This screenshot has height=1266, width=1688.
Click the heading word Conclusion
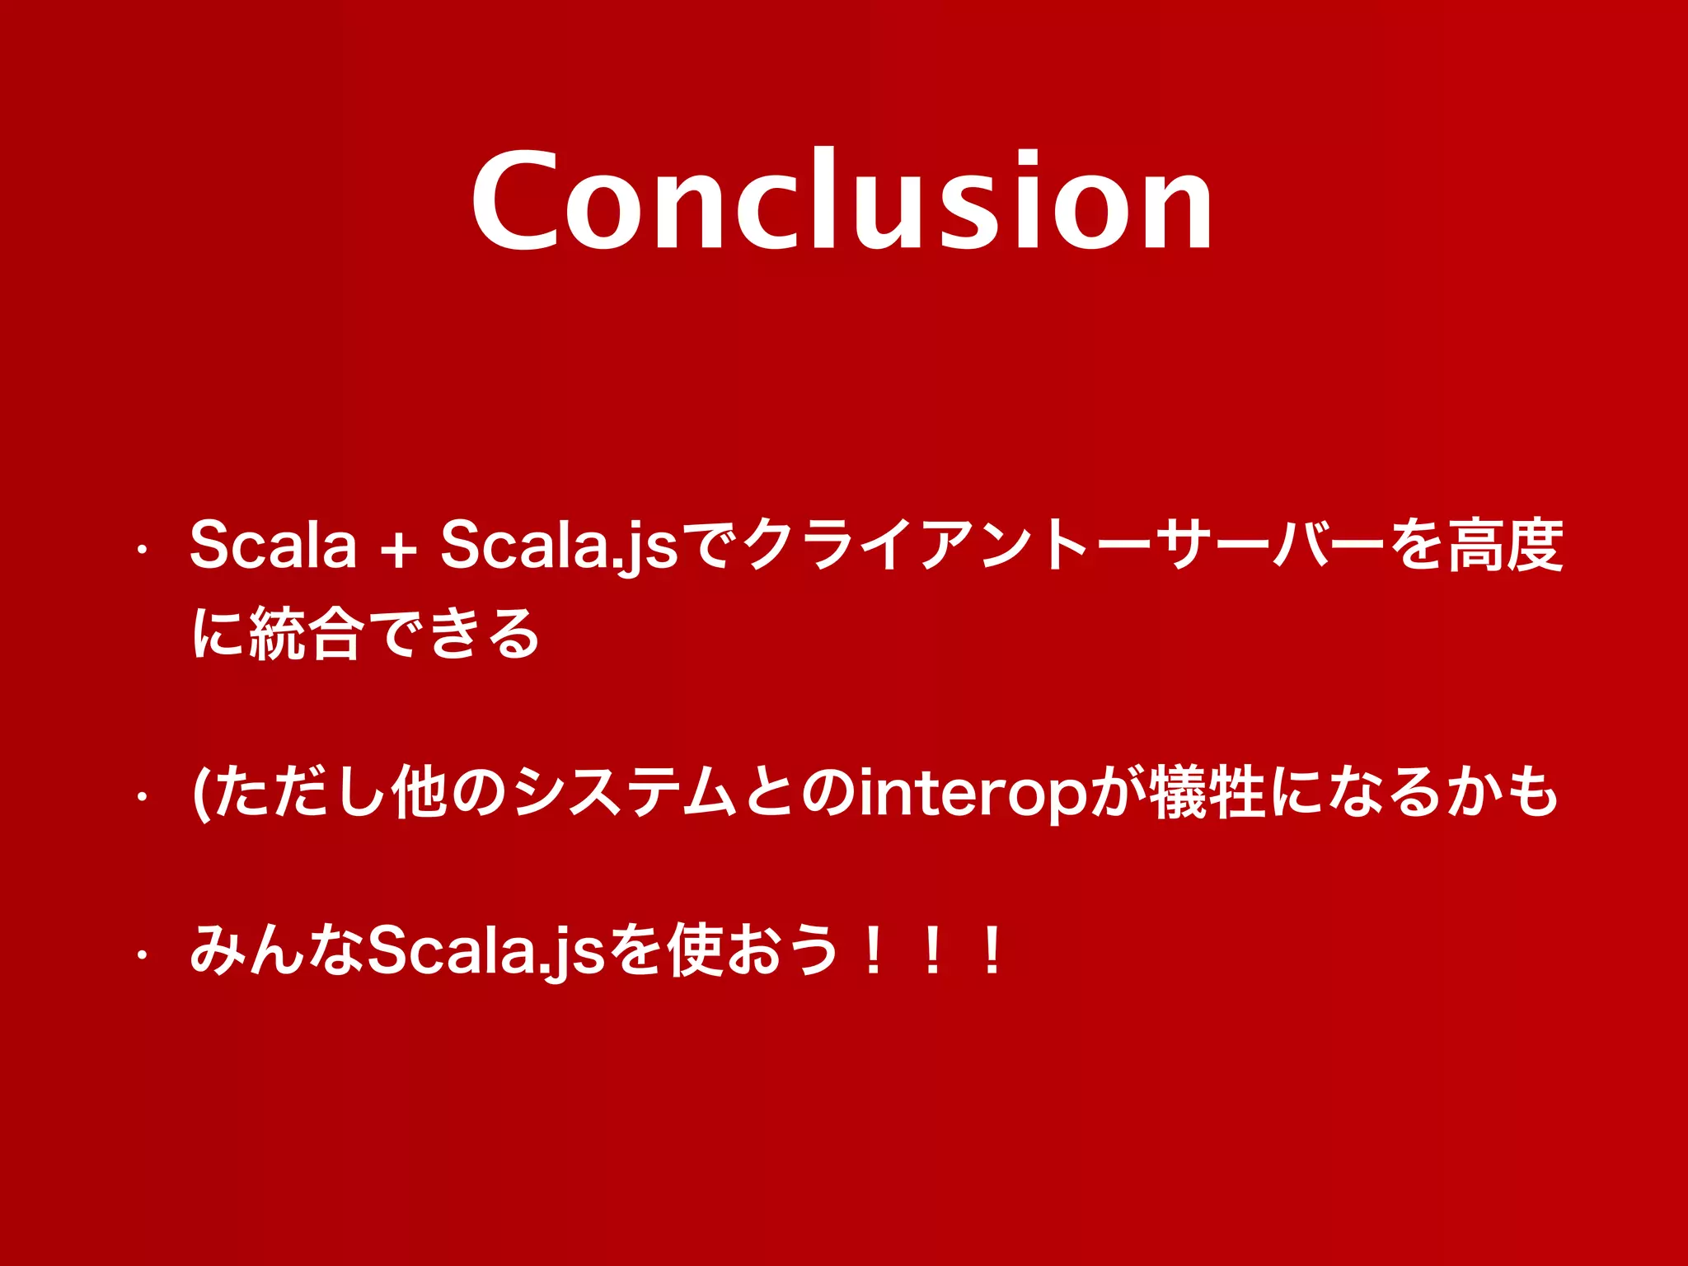point(842,199)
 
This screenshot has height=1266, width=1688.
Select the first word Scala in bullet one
point(274,546)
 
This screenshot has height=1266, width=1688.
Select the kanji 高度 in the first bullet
point(1505,546)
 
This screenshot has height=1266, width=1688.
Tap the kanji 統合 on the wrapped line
point(305,633)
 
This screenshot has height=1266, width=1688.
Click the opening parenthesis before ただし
point(199,793)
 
